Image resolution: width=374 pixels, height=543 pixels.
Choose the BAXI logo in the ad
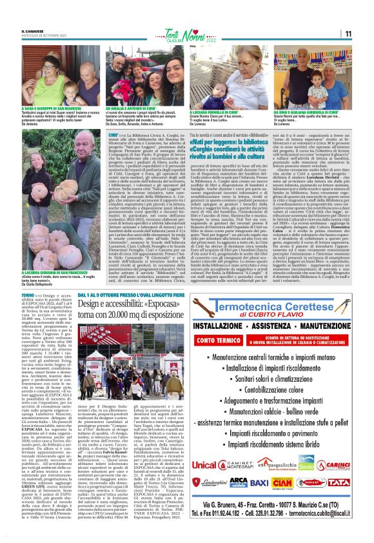[259, 482]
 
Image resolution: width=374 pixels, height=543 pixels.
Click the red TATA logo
[339, 482]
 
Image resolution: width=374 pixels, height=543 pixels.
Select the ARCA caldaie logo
[238, 482]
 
